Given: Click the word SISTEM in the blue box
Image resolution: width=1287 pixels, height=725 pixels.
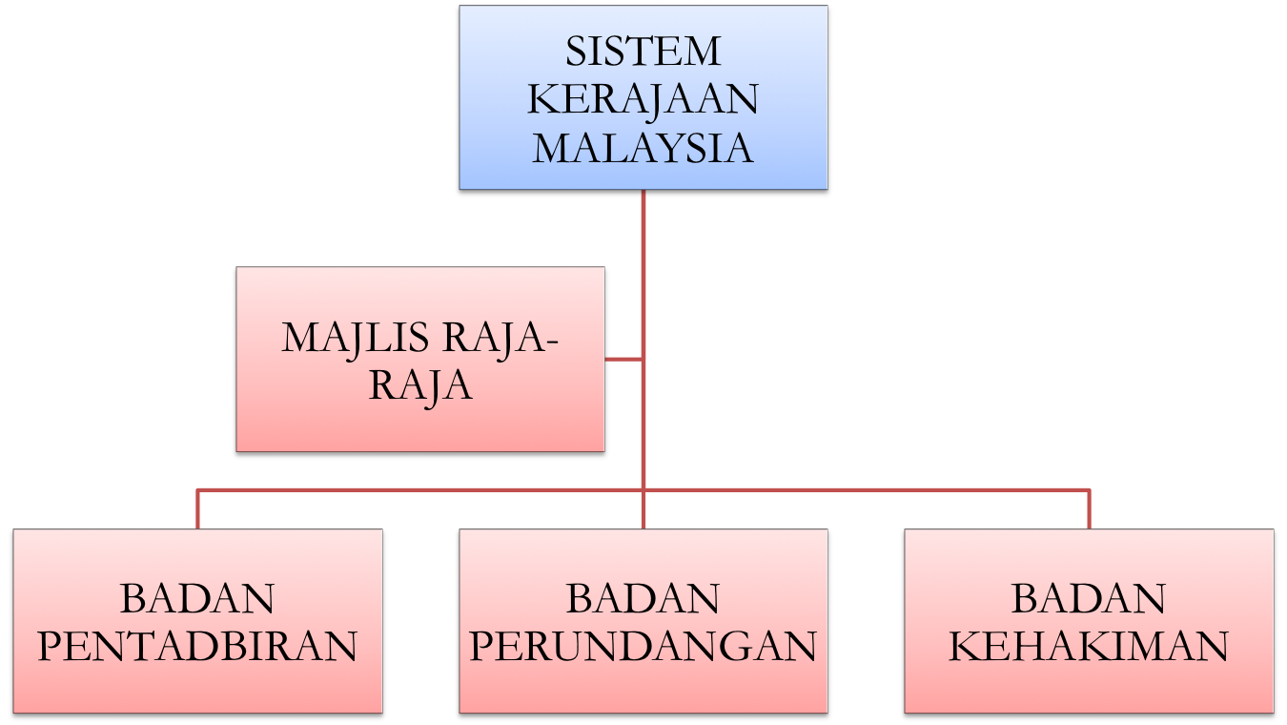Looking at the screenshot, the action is pyautogui.click(x=643, y=52).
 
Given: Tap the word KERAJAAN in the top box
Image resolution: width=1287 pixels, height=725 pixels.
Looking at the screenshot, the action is pyautogui.click(x=643, y=100).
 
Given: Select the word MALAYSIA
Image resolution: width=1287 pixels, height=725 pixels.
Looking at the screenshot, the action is pyautogui.click(x=643, y=149).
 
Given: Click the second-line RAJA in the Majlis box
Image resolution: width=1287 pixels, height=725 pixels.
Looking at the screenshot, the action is pyautogui.click(x=420, y=386).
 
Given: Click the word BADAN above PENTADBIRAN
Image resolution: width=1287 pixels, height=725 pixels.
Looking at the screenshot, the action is pyautogui.click(x=197, y=599).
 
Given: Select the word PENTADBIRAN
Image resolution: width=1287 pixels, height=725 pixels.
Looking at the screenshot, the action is pyautogui.click(x=197, y=647).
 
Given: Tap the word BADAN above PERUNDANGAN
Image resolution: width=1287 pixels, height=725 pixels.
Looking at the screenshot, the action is pyautogui.click(x=643, y=599).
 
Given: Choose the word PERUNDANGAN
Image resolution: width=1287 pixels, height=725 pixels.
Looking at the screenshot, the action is pyautogui.click(x=643, y=647).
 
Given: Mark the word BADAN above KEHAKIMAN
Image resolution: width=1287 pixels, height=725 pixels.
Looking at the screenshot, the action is pyautogui.click(x=1088, y=599).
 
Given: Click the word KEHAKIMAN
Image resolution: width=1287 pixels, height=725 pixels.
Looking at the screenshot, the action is pyautogui.click(x=1088, y=647).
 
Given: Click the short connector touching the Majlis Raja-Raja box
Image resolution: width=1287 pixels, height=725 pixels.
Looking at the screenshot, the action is pyautogui.click(x=624, y=360).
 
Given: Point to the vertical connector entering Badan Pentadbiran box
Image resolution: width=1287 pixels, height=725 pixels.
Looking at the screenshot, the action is pyautogui.click(x=197, y=508).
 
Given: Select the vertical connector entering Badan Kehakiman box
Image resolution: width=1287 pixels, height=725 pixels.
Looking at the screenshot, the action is pyautogui.click(x=1089, y=508).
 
